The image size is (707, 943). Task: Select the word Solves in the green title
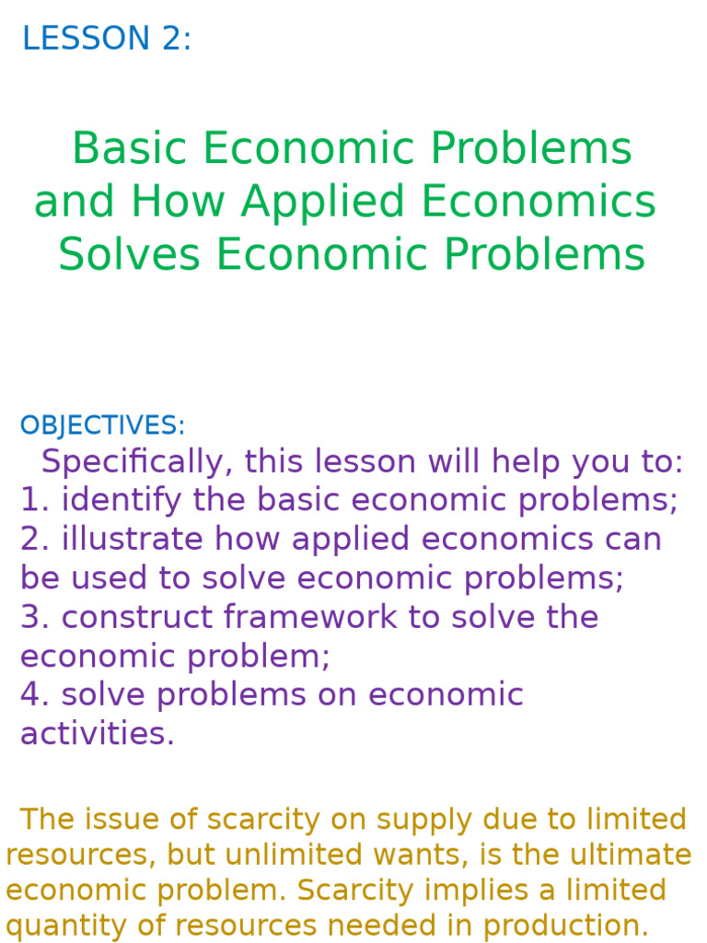pos(129,255)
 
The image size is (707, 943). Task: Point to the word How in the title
pos(178,203)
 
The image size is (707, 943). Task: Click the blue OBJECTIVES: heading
pos(102,425)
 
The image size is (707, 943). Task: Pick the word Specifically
pos(137,461)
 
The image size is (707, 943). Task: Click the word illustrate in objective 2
pos(117,539)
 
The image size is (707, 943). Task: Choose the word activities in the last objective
pos(97,734)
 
